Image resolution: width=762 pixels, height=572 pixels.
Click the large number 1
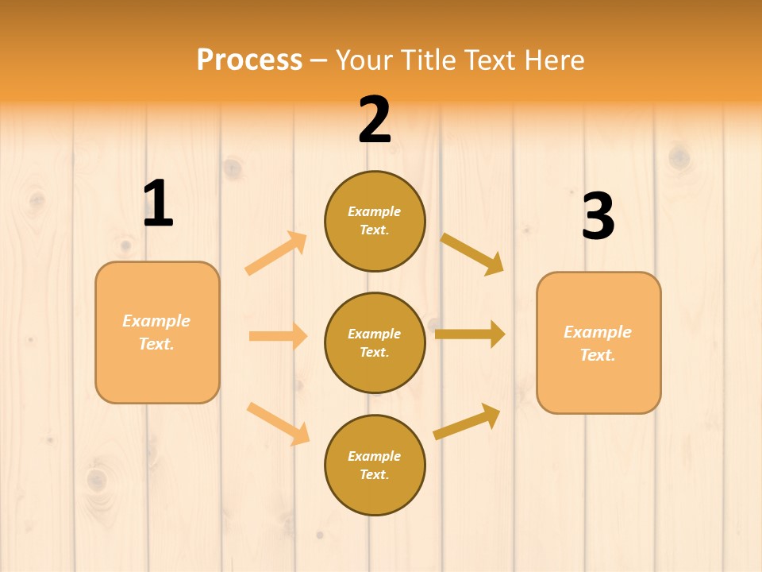pyautogui.click(x=158, y=203)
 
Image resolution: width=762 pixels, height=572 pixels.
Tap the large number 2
pyautogui.click(x=375, y=120)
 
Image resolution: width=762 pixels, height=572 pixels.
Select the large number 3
pyautogui.click(x=598, y=216)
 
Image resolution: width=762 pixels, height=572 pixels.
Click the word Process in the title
pyautogui.click(x=249, y=60)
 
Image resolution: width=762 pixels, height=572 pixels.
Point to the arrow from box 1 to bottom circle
pyautogui.click(x=279, y=423)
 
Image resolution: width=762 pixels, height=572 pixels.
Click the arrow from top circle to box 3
pyautogui.click(x=472, y=253)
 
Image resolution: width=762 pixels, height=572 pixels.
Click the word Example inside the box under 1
pyautogui.click(x=156, y=321)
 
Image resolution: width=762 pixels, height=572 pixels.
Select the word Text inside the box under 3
pyautogui.click(x=596, y=355)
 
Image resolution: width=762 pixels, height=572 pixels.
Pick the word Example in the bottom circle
pyautogui.click(x=374, y=456)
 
